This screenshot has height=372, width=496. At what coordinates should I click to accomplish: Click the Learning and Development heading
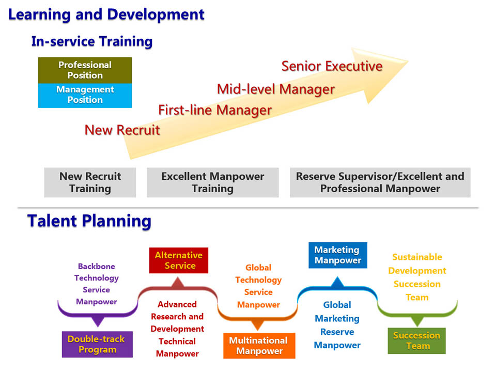(x=106, y=14)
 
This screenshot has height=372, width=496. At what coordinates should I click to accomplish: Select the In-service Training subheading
(x=92, y=41)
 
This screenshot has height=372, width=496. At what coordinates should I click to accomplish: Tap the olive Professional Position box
(x=85, y=70)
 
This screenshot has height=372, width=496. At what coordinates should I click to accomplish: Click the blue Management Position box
(x=85, y=96)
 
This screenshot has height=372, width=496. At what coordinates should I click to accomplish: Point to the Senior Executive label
(x=332, y=66)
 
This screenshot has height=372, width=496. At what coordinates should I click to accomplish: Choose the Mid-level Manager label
(x=276, y=89)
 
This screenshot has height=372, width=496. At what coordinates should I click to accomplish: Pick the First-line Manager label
(x=215, y=110)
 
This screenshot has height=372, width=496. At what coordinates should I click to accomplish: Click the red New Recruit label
(x=122, y=130)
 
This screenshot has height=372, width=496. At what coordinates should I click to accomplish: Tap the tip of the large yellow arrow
(x=408, y=61)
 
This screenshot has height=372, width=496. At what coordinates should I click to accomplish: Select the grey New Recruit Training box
(x=90, y=182)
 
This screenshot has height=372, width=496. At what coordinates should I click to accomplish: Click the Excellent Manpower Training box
(x=212, y=182)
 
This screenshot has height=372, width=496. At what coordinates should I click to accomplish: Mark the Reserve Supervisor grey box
(x=380, y=182)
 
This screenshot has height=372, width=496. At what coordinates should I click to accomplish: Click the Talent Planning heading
(x=89, y=221)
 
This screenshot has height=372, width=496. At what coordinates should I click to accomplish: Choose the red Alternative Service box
(x=179, y=260)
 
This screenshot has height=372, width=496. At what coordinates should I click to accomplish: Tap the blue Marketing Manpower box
(x=338, y=255)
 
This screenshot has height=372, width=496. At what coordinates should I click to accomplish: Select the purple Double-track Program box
(x=97, y=345)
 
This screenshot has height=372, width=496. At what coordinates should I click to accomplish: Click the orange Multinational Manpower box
(x=259, y=346)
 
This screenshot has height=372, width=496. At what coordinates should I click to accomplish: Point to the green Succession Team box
(x=416, y=340)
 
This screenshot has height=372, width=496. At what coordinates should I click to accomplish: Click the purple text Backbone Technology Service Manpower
(x=97, y=284)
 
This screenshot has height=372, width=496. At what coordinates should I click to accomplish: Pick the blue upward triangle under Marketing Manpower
(x=337, y=282)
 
